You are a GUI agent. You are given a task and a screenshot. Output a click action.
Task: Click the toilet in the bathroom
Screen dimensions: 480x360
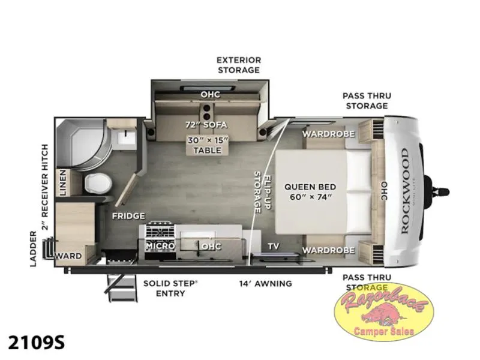[x=98, y=184]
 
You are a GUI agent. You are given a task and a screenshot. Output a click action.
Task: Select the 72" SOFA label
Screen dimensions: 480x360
[x=206, y=125]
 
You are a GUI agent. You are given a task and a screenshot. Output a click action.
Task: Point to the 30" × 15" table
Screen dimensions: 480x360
[x=208, y=145]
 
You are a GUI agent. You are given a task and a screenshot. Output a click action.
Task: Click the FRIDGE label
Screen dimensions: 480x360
[x=128, y=216]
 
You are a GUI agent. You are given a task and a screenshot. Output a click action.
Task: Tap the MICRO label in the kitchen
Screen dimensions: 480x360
[x=160, y=245]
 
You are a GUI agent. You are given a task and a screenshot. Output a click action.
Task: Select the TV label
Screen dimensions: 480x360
[x=274, y=246]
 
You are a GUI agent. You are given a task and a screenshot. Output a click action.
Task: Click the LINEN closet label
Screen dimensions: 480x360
[x=62, y=182]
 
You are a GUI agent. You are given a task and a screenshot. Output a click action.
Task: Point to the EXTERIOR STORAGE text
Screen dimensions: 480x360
[x=239, y=65]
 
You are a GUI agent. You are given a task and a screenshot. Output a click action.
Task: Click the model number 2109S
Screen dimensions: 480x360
[x=36, y=342]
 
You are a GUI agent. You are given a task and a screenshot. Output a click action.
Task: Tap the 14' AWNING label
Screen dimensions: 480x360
[x=265, y=283]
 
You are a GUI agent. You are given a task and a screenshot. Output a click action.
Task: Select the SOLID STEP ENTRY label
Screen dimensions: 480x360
[x=170, y=289]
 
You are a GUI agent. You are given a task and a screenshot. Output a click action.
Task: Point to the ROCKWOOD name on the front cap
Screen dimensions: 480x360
[x=404, y=191]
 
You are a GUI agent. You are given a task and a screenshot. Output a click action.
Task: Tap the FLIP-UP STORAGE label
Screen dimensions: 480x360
[x=262, y=192]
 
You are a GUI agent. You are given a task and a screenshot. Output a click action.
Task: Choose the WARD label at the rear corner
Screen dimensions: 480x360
[x=69, y=256]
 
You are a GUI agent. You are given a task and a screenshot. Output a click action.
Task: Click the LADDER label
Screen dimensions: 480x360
[x=34, y=248]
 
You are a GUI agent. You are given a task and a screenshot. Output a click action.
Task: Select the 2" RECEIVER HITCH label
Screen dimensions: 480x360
[x=45, y=187]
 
